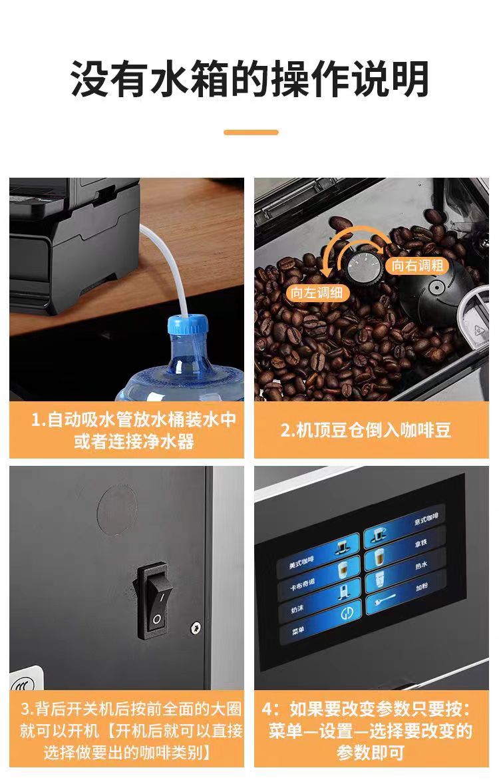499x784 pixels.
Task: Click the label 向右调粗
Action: (418, 265)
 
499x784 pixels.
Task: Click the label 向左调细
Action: (317, 292)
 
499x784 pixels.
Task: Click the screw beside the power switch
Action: (196, 627)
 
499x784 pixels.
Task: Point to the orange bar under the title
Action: (251, 132)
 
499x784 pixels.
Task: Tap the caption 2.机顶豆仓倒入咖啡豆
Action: (365, 430)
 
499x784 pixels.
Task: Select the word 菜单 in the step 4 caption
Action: (285, 731)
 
